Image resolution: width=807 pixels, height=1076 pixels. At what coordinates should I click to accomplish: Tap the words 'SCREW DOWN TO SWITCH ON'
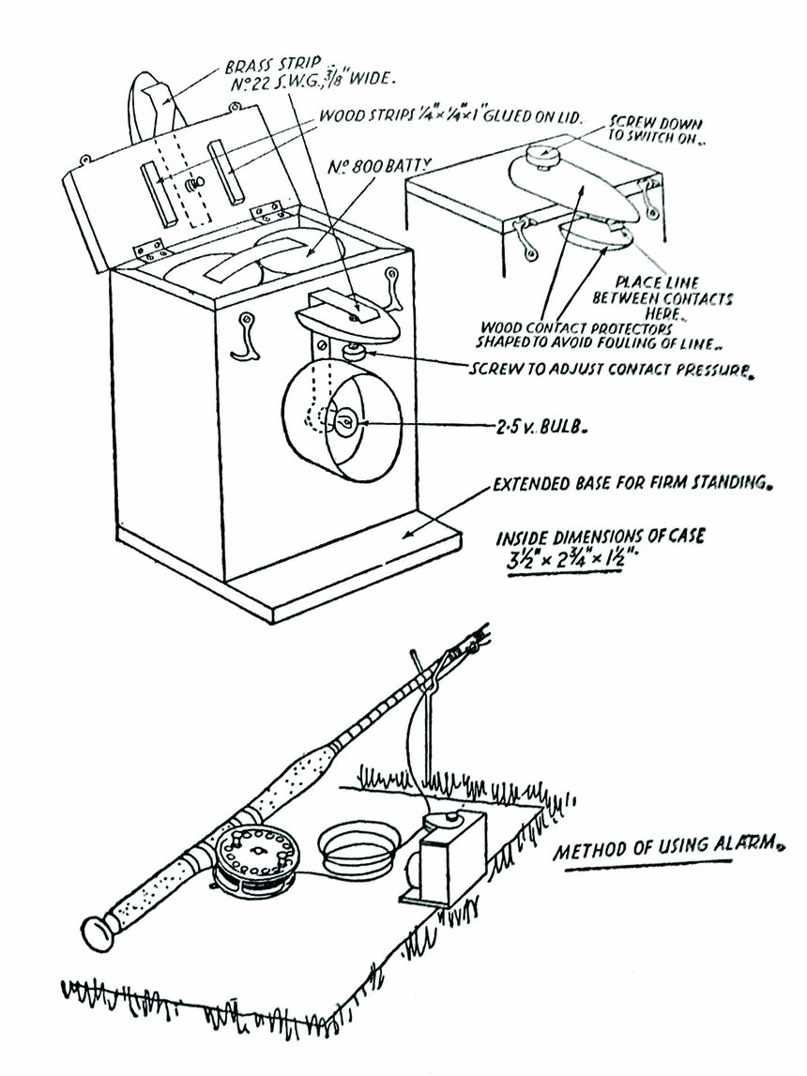coord(654,129)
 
